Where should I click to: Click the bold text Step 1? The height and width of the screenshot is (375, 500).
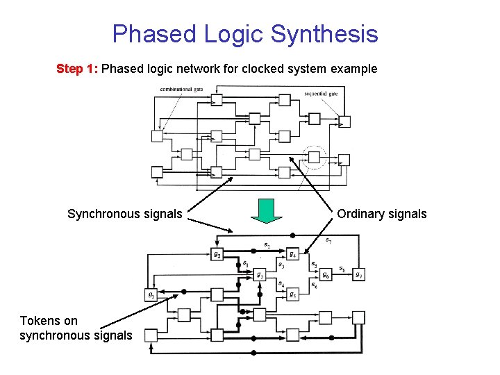(78, 69)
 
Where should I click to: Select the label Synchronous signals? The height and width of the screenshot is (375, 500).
(125, 214)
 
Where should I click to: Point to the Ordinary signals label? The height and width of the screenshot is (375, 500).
(382, 214)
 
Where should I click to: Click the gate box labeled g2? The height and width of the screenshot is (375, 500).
(217, 254)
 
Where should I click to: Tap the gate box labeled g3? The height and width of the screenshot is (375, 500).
(259, 274)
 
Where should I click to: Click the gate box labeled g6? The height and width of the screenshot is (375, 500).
(326, 274)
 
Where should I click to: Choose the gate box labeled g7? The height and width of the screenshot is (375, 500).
(358, 274)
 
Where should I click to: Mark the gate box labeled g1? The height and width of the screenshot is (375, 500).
(151, 294)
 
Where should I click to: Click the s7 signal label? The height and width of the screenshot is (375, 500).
(328, 241)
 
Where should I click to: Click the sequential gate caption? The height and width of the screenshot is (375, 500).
(322, 94)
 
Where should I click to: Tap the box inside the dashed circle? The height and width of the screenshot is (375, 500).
(314, 157)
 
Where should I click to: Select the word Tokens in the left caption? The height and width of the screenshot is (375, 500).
(40, 321)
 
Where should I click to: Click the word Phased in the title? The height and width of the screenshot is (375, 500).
(154, 33)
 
